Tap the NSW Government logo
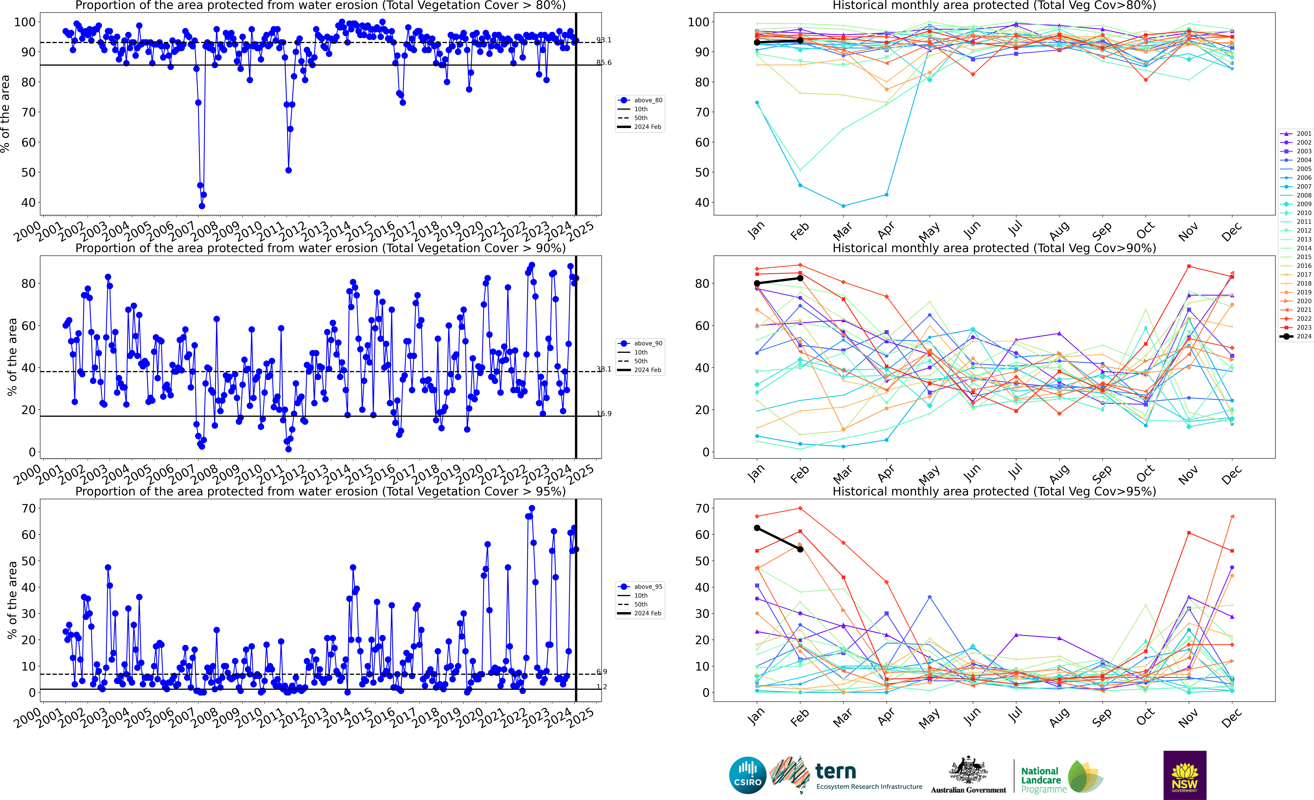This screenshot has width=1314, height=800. click(x=1184, y=775)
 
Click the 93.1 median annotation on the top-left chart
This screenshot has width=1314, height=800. click(x=604, y=40)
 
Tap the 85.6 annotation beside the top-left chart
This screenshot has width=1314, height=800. click(x=604, y=62)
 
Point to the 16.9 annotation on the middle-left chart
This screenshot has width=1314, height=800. click(x=604, y=413)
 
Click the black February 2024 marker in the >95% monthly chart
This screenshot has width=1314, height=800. click(x=800, y=549)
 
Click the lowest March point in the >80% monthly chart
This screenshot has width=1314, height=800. click(x=843, y=206)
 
